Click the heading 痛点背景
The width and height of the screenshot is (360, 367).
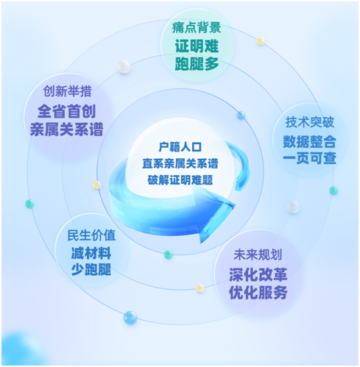coord(197,27)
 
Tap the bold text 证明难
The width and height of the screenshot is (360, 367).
coord(197,46)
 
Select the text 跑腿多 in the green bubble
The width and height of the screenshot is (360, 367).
coord(197,64)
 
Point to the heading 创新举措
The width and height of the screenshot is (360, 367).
coord(67,91)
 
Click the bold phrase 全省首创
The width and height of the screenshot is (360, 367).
coord(66,111)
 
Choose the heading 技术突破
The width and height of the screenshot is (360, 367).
coord(310,122)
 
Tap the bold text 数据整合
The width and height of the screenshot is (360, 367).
coord(309,141)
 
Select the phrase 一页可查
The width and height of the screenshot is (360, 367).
coord(309,158)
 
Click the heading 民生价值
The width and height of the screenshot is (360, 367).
coord(91,235)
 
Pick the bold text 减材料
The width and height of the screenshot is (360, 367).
coord(91,253)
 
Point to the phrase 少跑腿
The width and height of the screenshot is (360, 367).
coord(91,269)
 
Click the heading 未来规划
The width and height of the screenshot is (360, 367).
coord(258,254)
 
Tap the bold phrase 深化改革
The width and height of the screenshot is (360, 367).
coord(258,274)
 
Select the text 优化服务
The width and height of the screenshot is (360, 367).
coord(258,292)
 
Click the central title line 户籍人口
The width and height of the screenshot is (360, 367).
coord(180,147)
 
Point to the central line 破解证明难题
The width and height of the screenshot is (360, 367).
coord(180,180)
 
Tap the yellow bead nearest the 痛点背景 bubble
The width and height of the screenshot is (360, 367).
coord(261,40)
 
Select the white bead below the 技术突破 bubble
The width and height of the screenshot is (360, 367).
coord(293,207)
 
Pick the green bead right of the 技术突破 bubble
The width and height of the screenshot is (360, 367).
coord(333,190)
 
